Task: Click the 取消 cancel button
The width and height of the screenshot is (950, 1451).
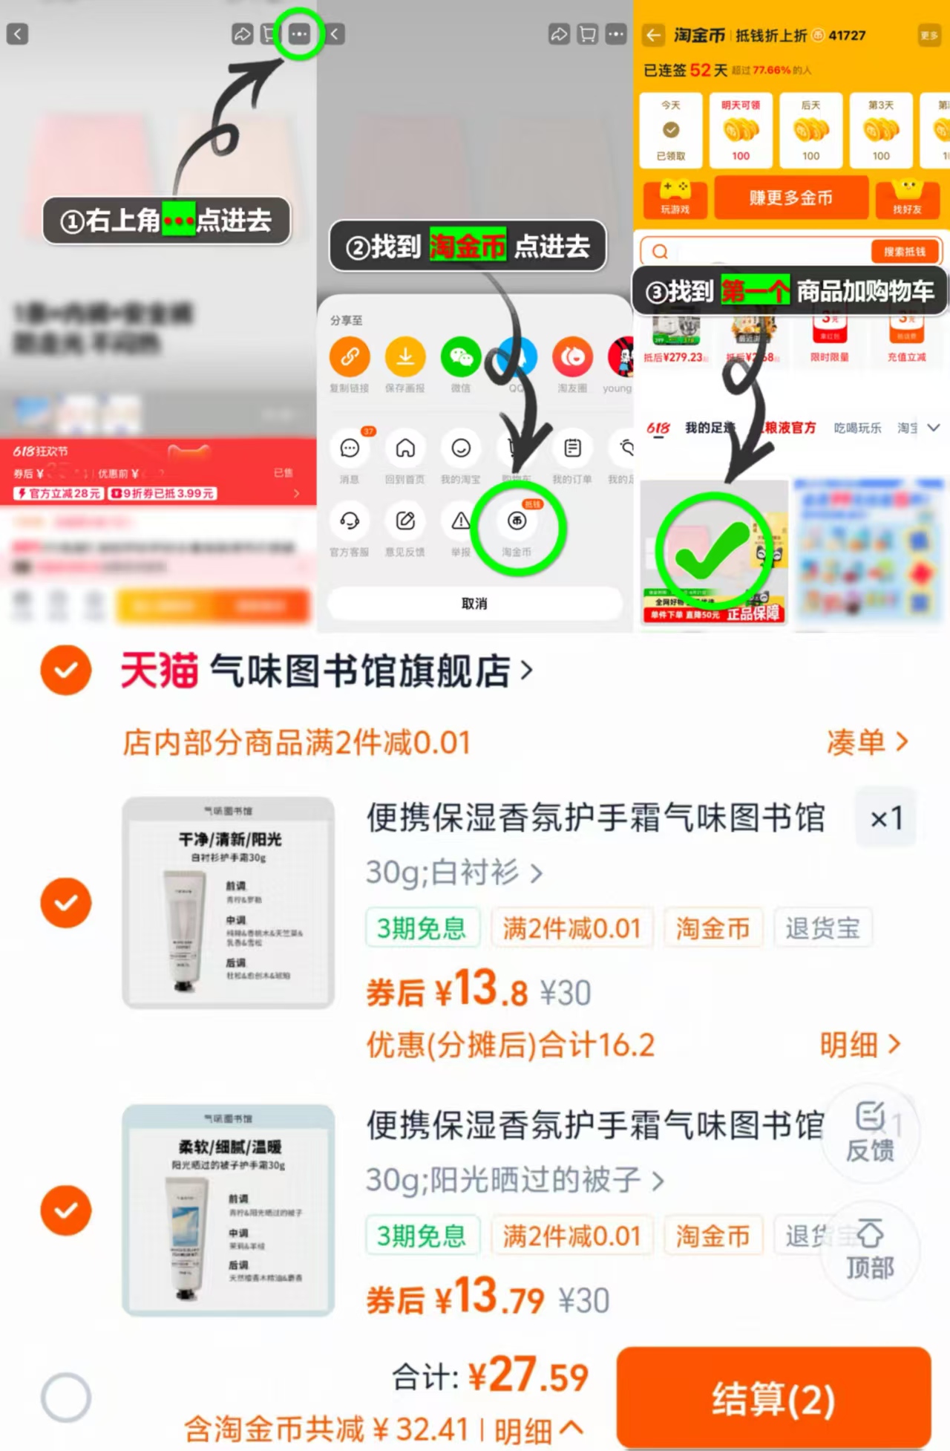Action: (x=474, y=603)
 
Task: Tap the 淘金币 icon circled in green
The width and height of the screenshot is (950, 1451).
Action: (x=517, y=522)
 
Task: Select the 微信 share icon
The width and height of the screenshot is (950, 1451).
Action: (x=461, y=357)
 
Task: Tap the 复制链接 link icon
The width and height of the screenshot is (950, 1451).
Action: (x=350, y=357)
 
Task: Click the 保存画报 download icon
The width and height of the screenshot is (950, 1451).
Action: (x=405, y=357)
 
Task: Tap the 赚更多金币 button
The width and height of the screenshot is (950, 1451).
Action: (x=790, y=198)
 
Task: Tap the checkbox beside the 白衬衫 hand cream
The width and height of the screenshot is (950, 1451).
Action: (x=66, y=902)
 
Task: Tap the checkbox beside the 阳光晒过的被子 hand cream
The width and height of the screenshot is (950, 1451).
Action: (x=66, y=1210)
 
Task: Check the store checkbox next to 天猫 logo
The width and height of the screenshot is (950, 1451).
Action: (x=66, y=670)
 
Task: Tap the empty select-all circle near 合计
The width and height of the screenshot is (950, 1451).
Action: (x=66, y=1397)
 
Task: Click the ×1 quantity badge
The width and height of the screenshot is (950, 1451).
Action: (x=886, y=818)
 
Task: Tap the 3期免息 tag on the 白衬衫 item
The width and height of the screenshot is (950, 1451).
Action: (x=422, y=927)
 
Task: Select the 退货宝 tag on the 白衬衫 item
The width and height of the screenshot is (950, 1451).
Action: (x=822, y=927)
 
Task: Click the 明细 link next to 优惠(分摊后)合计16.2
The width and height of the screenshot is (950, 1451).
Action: (x=859, y=1045)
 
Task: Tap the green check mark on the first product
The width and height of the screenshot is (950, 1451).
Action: (x=711, y=550)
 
